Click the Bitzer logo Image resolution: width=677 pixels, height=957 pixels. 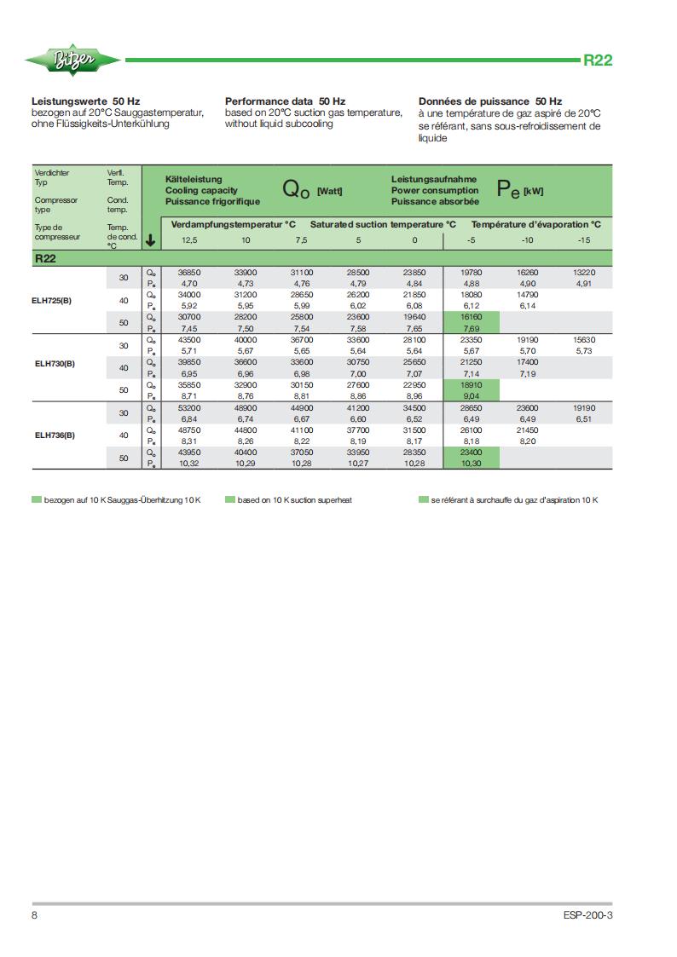(x=72, y=60)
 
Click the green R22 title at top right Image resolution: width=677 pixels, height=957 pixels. (x=597, y=61)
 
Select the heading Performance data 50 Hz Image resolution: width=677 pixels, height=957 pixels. (x=285, y=101)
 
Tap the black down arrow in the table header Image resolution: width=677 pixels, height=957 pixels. (x=151, y=240)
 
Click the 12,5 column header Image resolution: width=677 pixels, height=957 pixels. (x=188, y=240)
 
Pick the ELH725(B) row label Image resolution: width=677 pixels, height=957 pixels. (x=55, y=300)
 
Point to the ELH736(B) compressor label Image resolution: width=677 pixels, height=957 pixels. (x=55, y=435)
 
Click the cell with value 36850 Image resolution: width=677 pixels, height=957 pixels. (x=188, y=273)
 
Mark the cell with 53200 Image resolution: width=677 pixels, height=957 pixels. (x=188, y=407)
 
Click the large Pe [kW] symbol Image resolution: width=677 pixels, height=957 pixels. (x=518, y=190)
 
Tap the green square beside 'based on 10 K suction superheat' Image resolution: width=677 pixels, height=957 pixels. (x=230, y=499)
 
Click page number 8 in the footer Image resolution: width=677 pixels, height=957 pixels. (x=35, y=915)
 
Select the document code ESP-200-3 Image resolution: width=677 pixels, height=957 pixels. (x=588, y=915)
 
